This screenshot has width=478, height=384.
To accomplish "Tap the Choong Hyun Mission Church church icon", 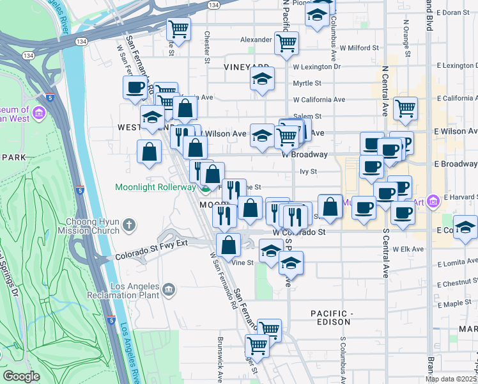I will click(129, 225).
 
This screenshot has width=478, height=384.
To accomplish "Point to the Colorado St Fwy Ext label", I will click(151, 256).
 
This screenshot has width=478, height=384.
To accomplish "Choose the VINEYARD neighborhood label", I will click(247, 67).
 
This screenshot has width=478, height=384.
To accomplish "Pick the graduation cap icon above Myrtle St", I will click(262, 79).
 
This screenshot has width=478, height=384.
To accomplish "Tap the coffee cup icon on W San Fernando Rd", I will click(135, 87).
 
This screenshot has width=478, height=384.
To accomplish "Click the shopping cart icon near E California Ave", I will click(405, 108).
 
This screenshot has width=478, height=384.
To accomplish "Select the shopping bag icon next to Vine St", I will click(229, 244).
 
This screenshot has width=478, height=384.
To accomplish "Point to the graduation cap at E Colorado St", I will click(465, 227).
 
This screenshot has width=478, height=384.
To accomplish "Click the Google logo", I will click(21, 376).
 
